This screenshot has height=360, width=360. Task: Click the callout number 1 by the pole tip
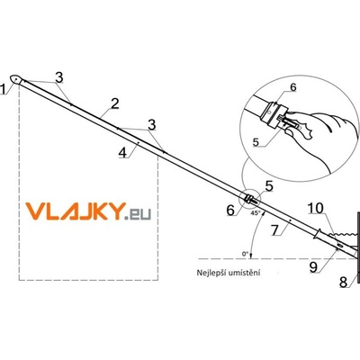click(x=4, y=89)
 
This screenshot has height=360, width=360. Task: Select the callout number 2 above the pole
click(x=114, y=103)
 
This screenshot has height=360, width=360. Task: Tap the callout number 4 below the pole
click(x=122, y=153)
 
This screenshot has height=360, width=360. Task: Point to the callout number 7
click(x=275, y=231)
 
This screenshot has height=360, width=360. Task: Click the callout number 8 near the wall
click(x=344, y=282)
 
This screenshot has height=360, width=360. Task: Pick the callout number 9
click(x=313, y=267)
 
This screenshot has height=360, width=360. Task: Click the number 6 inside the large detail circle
click(x=293, y=87)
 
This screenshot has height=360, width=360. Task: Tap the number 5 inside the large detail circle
click(x=256, y=142)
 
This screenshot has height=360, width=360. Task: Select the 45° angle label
click(x=255, y=213)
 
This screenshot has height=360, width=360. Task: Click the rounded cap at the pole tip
click(x=16, y=79)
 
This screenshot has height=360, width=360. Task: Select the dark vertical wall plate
click(x=358, y=247)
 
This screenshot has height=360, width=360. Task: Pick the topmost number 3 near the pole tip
click(x=59, y=77)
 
